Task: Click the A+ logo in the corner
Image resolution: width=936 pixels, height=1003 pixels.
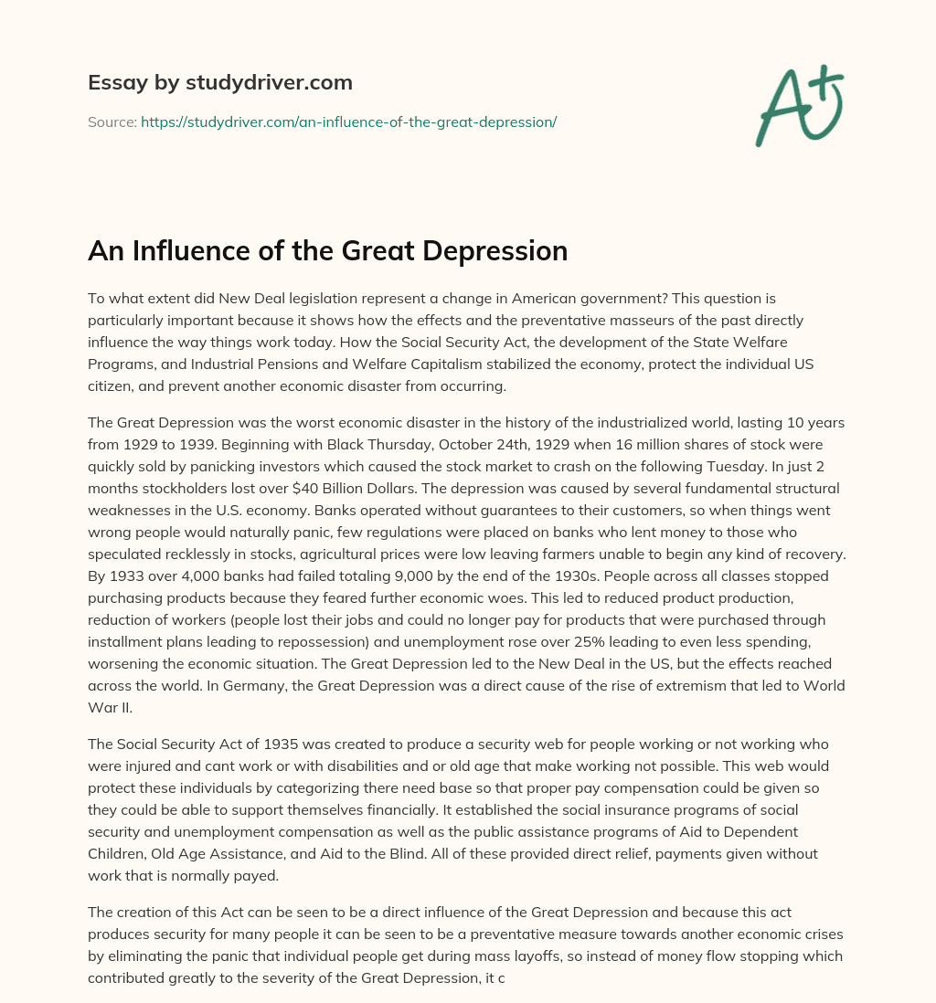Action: coord(798,104)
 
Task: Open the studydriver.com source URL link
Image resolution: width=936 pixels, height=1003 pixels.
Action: coord(348,121)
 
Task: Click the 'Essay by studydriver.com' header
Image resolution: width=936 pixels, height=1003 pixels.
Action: coord(220,83)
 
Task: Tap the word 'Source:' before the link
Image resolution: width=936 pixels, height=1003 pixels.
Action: coord(112,121)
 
